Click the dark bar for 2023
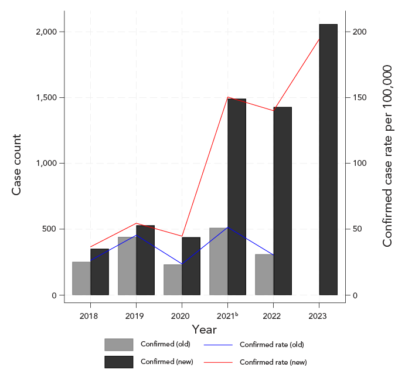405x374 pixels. coord(328,159)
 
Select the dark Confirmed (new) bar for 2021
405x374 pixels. coord(237,197)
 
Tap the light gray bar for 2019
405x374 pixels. coord(127,266)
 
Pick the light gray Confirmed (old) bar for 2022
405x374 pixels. coord(264,274)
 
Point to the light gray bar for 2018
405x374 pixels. coord(81,278)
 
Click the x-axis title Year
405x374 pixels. coord(204,329)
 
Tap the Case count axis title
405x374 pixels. coord(17,164)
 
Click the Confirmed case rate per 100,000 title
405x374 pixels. coord(387,164)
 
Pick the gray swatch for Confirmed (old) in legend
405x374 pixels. coord(119,344)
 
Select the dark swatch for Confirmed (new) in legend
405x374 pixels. coord(119,362)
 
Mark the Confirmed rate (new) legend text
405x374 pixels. coord(273,362)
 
